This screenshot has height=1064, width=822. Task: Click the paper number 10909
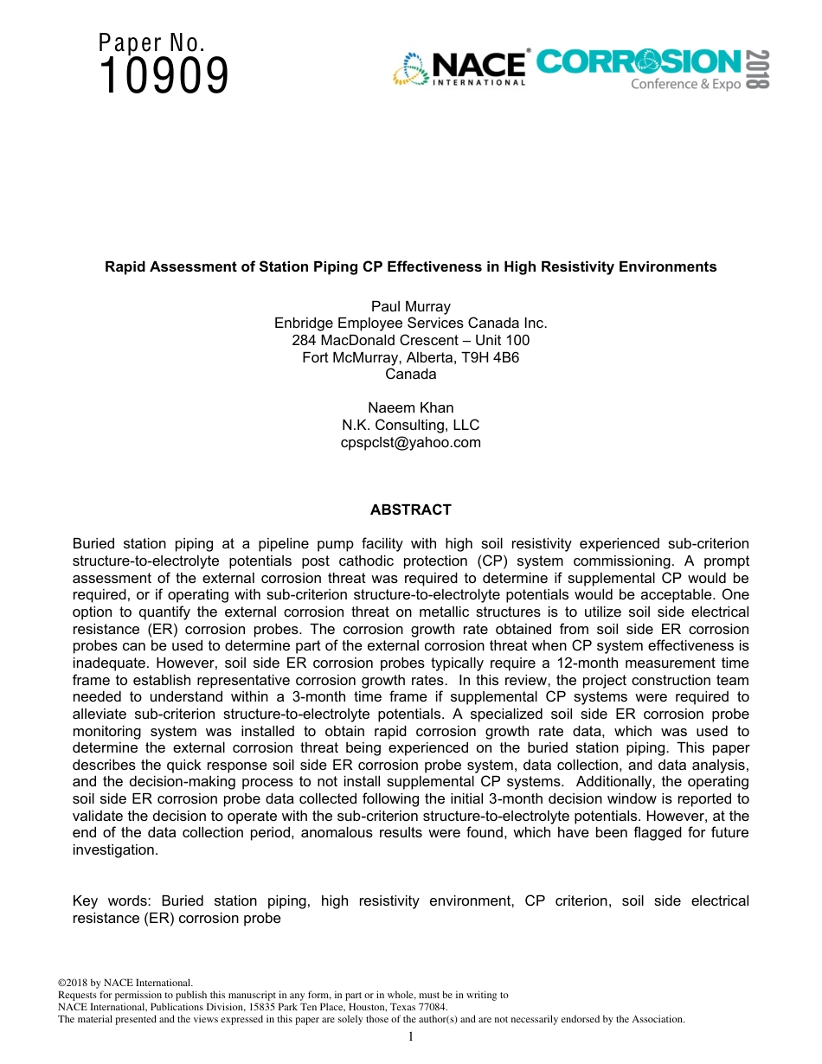click(x=164, y=76)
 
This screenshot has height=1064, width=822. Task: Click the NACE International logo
click(x=459, y=68)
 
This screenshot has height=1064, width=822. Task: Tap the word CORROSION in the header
click(x=639, y=62)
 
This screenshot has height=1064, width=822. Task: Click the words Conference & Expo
click(x=685, y=85)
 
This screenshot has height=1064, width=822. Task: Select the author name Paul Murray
click(x=411, y=306)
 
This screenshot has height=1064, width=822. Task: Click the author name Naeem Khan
click(x=411, y=408)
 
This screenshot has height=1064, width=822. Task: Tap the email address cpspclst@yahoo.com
click(x=411, y=443)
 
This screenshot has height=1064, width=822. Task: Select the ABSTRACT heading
click(x=411, y=510)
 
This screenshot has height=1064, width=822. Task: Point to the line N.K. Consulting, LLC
click(x=411, y=426)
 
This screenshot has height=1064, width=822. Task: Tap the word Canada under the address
click(x=411, y=375)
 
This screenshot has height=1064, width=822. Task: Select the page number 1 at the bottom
click(x=411, y=1037)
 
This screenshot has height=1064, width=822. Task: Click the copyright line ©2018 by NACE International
click(x=124, y=983)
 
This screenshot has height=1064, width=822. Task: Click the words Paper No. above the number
click(x=151, y=42)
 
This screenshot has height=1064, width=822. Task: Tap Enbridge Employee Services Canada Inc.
click(x=411, y=324)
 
